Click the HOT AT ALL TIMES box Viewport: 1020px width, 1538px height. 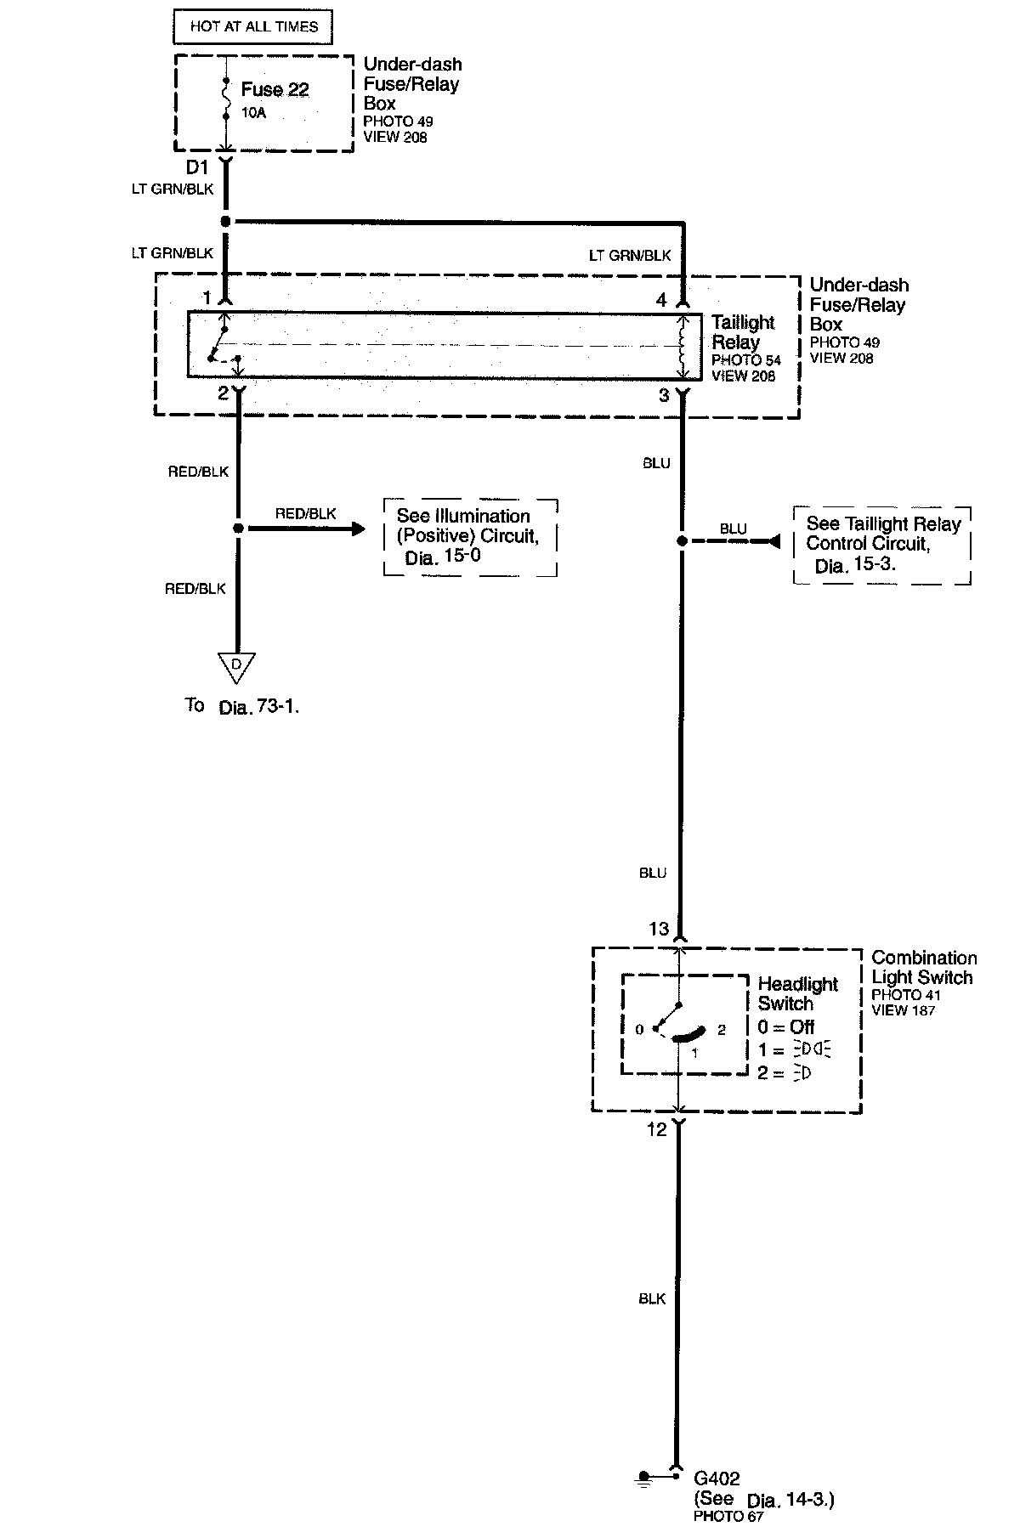click(252, 26)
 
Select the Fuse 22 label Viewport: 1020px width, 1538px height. click(275, 89)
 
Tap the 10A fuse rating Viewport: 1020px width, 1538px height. click(253, 112)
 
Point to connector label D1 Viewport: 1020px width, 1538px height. click(197, 168)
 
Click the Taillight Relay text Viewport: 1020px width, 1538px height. click(744, 332)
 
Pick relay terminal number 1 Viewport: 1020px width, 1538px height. click(207, 298)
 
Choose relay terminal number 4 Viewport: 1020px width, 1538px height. click(662, 299)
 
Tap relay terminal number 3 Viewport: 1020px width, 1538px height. click(664, 395)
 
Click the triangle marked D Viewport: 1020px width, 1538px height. click(236, 666)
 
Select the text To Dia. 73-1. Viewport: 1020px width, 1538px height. click(242, 706)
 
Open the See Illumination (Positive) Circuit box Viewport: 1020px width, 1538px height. click(470, 537)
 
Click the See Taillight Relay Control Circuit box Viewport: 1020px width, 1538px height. click(882, 545)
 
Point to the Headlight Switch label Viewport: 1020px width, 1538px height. click(797, 993)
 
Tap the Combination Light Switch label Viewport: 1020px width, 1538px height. click(924, 968)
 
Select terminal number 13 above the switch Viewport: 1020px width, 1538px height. click(659, 929)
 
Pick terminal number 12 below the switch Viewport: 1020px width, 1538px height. click(657, 1130)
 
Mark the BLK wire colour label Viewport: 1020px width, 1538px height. click(652, 1299)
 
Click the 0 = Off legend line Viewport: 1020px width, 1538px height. click(786, 1027)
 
